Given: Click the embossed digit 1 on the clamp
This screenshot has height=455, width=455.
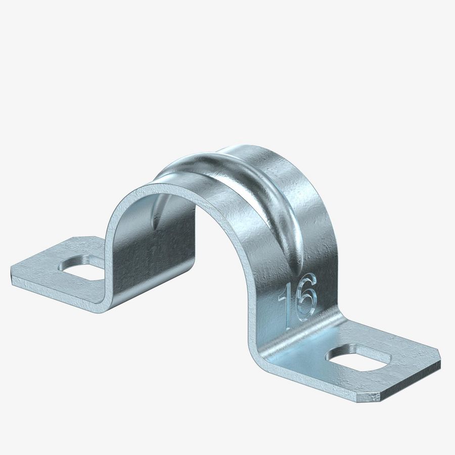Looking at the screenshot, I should click(289, 303).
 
